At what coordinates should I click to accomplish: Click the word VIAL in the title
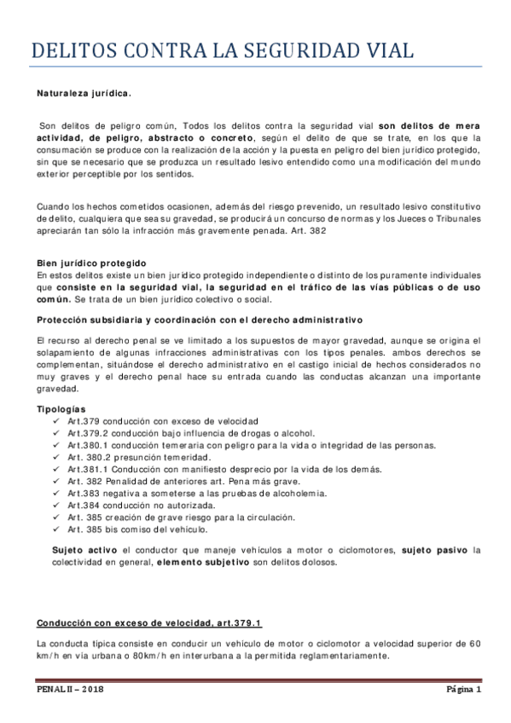pos(381,51)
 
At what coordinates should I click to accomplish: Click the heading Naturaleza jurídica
pos(84,94)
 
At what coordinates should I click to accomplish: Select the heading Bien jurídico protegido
pos(92,263)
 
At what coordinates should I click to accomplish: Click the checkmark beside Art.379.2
pos(57,432)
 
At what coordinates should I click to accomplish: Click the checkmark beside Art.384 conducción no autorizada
pos(57,505)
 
